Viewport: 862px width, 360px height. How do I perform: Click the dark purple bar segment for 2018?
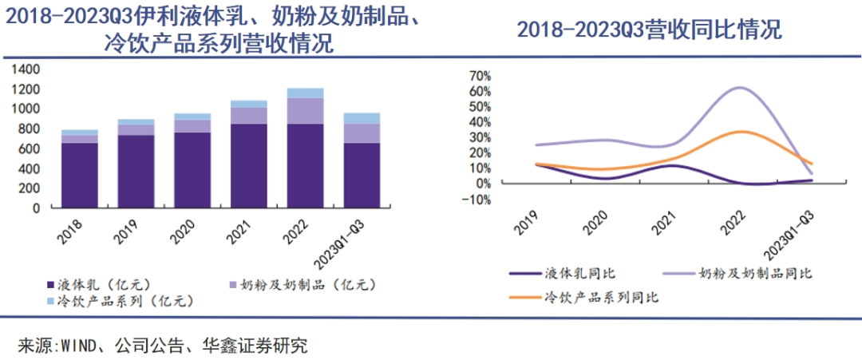pos(80,175)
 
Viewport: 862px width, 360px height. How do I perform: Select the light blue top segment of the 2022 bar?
pos(306,93)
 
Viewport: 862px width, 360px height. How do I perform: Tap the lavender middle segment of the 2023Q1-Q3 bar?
pos(362,133)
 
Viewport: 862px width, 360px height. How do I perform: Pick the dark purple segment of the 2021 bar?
pos(249,165)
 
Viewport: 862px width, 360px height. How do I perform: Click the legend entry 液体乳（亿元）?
pos(103,285)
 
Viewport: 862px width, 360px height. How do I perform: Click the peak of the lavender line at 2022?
pos(740,87)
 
